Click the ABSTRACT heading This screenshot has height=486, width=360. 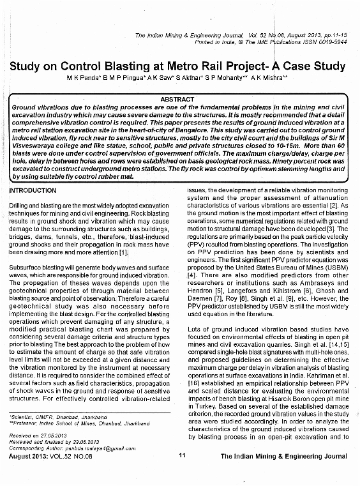coord(178,100)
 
